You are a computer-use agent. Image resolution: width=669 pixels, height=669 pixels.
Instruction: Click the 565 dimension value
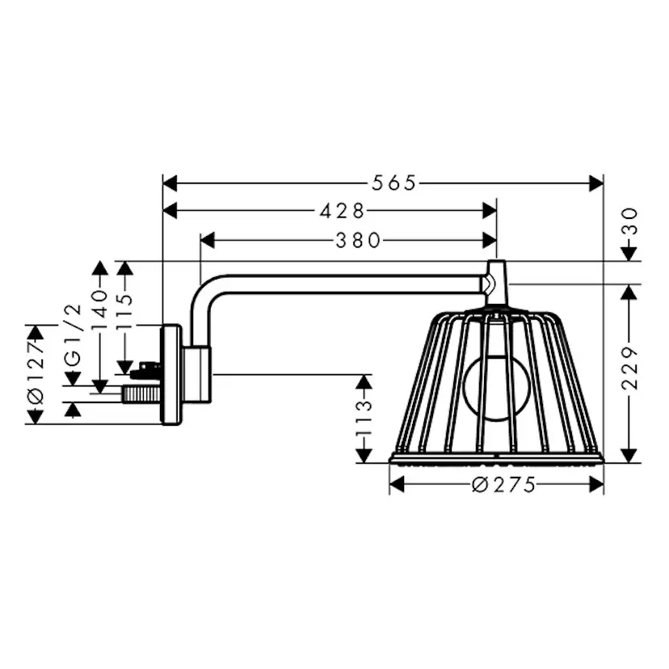coord(393,183)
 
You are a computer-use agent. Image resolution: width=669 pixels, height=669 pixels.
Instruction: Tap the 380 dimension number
coord(357,240)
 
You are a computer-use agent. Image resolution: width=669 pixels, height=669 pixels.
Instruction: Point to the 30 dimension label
coord(629,221)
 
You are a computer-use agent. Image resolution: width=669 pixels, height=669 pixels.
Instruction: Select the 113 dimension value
coord(364,417)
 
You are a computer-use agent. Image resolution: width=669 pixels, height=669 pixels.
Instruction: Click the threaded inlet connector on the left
coord(141,395)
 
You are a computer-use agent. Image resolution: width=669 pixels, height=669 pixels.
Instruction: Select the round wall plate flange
coord(170,374)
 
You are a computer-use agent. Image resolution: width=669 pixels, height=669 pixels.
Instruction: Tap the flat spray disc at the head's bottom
coord(496,458)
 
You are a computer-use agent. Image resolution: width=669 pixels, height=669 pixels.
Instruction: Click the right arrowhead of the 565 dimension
coord(597,183)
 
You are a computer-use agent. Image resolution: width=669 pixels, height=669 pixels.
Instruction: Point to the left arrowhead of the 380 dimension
coord(207,240)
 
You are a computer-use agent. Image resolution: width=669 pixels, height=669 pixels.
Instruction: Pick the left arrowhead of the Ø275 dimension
coord(397,485)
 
